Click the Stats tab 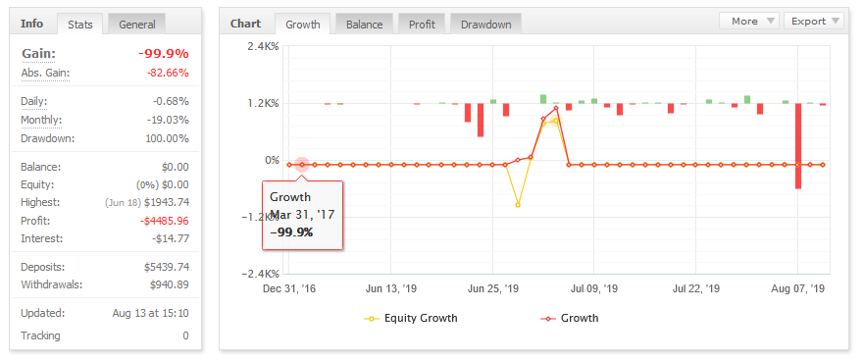click(x=79, y=25)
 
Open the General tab click(x=137, y=25)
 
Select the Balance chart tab click(x=364, y=25)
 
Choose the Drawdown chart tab click(x=486, y=25)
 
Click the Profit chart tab click(x=422, y=25)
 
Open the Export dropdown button click(x=814, y=21)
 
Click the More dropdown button click(x=749, y=21)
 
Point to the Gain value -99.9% click(x=164, y=54)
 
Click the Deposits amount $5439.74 click(x=167, y=267)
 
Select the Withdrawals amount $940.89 click(x=170, y=285)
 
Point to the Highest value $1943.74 click(x=168, y=202)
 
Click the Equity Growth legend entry click(x=411, y=318)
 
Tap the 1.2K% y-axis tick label click(x=264, y=103)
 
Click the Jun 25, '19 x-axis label click(x=492, y=288)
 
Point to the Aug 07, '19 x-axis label click(x=798, y=288)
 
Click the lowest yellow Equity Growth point click(x=518, y=205)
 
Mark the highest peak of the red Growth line click(x=556, y=108)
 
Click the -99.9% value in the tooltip click(x=291, y=232)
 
